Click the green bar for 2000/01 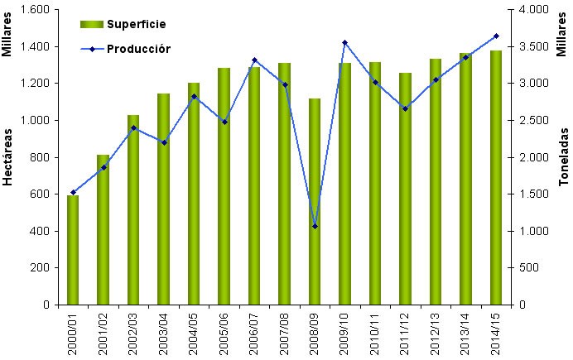(x=73, y=250)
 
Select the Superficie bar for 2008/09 (x=315, y=202)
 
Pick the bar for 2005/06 (x=224, y=186)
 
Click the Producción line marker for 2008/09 (x=315, y=226)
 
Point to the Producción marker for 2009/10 (x=344, y=42)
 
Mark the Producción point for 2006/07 (x=254, y=60)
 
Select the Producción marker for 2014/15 (x=496, y=36)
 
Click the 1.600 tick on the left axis (x=36, y=9)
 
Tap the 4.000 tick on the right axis (x=530, y=9)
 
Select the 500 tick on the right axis (x=525, y=268)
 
